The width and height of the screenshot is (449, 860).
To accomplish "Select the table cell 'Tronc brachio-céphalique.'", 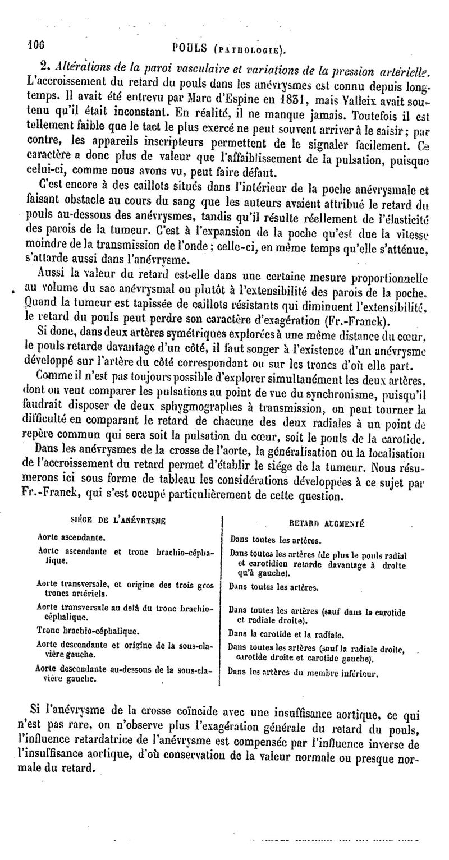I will pos(83,630).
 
